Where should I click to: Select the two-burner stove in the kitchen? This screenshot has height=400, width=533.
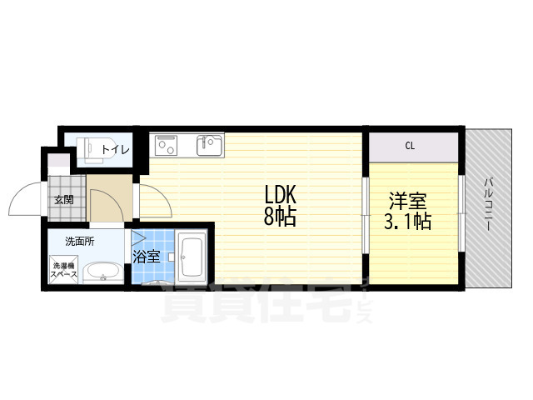click(x=167, y=146)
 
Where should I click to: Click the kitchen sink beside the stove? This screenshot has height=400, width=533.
click(x=208, y=146)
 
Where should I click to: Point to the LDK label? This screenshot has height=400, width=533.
click(x=281, y=195)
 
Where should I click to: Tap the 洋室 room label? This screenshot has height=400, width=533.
click(x=408, y=201)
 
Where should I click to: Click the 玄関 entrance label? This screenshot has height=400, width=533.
click(x=64, y=200)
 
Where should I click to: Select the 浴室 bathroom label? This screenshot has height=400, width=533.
click(x=147, y=256)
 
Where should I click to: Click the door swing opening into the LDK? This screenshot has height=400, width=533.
click(x=152, y=198)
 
